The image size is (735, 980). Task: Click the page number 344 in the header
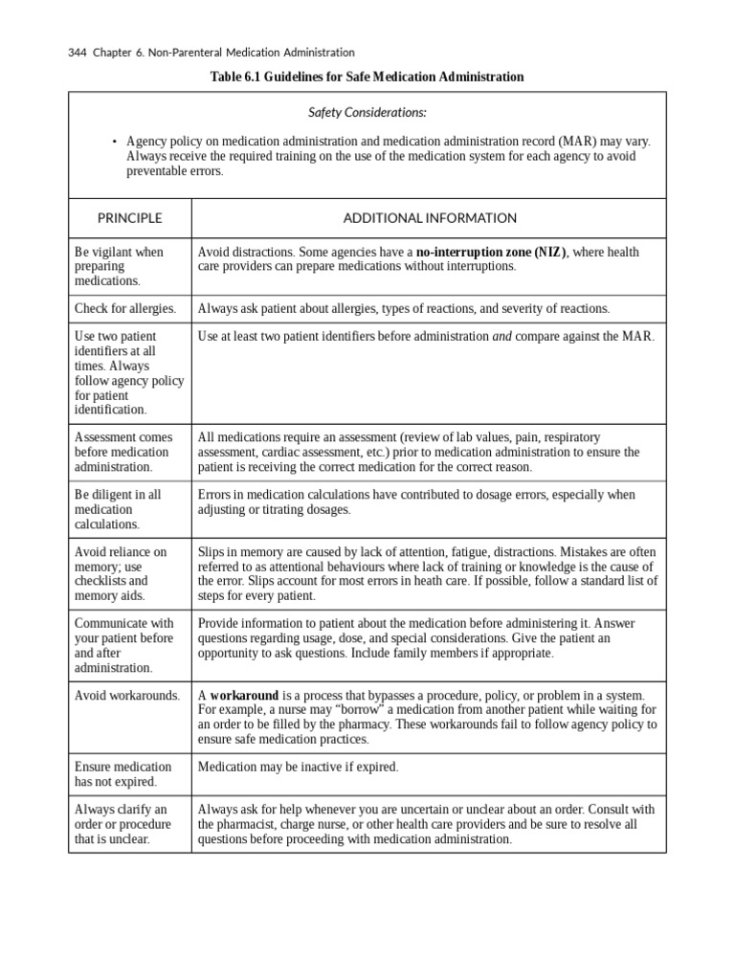(x=78, y=52)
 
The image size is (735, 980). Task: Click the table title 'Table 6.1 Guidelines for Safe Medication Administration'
(x=367, y=77)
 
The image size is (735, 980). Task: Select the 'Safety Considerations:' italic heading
(x=367, y=113)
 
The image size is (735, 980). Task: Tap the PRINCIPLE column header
(x=129, y=218)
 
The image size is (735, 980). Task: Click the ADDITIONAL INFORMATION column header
(x=429, y=218)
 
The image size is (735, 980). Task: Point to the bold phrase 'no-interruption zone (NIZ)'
(x=492, y=252)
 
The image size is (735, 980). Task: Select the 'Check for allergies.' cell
(x=125, y=309)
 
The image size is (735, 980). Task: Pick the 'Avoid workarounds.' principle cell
(x=127, y=695)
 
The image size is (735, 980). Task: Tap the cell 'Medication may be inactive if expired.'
(x=298, y=767)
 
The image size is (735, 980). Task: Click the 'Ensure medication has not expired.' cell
(x=123, y=774)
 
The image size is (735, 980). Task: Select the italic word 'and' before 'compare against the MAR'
(x=502, y=337)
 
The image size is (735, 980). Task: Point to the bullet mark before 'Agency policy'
(x=114, y=142)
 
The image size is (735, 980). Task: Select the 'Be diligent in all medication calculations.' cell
(x=118, y=509)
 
